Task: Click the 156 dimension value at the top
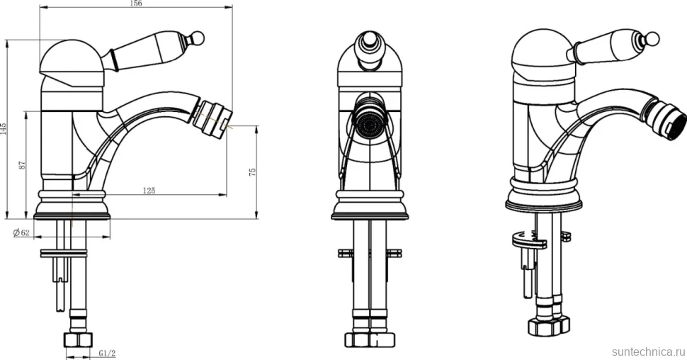click(x=137, y=4)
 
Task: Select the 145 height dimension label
click(x=4, y=128)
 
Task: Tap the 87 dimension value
click(x=23, y=165)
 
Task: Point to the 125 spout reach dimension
click(x=149, y=191)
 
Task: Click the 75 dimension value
click(x=252, y=171)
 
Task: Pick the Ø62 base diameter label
click(x=21, y=232)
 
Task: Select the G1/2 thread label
click(x=107, y=353)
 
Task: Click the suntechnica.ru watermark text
click(x=648, y=351)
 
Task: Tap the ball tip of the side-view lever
click(x=198, y=38)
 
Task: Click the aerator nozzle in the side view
click(x=212, y=117)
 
